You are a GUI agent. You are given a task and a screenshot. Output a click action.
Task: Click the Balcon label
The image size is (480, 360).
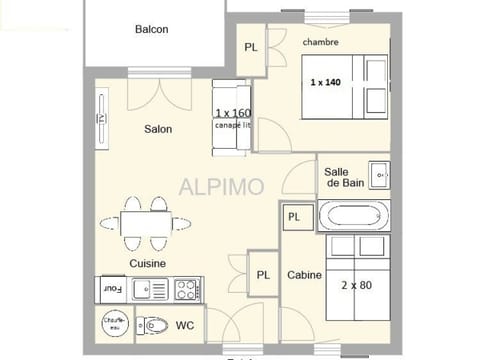coord(151,29)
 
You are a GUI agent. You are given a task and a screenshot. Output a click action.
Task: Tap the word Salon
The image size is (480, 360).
coord(157,129)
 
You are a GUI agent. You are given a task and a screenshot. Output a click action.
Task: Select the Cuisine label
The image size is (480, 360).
coord(147,263)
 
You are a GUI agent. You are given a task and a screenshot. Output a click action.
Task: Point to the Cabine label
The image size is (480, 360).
coord(304,275)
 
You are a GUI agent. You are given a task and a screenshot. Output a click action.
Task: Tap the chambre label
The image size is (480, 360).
coord(320,42)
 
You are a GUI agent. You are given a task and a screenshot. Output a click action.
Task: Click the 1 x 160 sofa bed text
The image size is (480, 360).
coord(232,113)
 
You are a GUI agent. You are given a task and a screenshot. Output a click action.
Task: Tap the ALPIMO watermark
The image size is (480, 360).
coord(221,186)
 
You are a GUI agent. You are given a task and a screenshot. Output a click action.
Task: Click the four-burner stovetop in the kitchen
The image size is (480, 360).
coord(186,289)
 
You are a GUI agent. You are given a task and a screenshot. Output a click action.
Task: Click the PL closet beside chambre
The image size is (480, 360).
coord(250,47)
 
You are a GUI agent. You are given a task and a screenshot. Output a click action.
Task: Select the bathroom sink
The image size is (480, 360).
coord(379,172)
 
